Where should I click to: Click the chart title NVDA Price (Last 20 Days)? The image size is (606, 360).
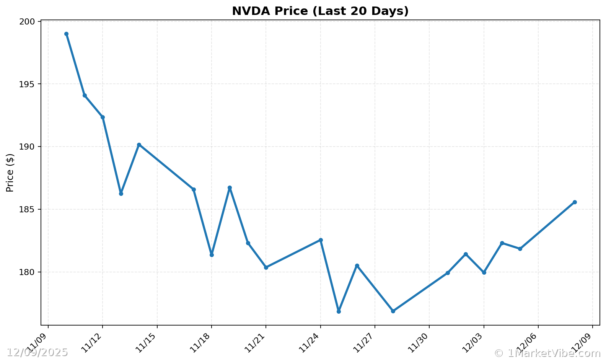(x=320, y=11)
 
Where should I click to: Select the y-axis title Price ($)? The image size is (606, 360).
(x=10, y=173)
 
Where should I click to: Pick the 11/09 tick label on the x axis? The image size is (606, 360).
(x=37, y=340)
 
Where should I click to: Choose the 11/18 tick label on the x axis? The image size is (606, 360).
(x=200, y=340)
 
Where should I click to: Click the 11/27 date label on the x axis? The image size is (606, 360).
(x=363, y=340)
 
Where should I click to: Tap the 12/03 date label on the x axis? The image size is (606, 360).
(x=472, y=340)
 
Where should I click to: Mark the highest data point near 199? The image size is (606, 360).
(x=66, y=34)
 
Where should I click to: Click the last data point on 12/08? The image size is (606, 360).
(x=575, y=202)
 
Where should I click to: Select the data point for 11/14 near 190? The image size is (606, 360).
(x=139, y=145)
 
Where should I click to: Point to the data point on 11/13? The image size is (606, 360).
(x=121, y=194)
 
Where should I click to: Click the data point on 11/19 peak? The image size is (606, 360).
(x=230, y=188)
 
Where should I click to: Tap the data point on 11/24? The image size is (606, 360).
(x=321, y=240)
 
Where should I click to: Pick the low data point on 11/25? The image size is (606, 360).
(x=339, y=311)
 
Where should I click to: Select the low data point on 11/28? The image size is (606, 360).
(x=393, y=311)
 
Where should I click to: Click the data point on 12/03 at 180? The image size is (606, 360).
(x=484, y=272)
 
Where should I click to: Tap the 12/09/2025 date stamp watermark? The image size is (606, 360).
(x=37, y=353)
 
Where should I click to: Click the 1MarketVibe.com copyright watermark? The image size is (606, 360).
(x=547, y=353)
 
